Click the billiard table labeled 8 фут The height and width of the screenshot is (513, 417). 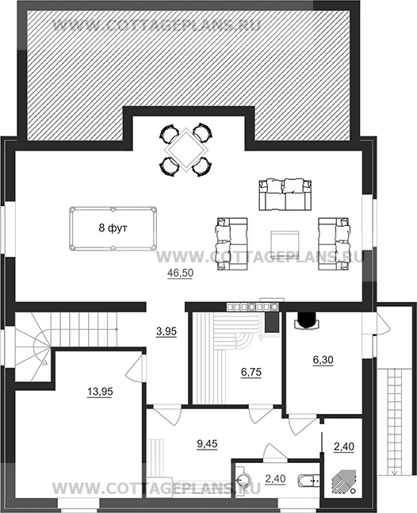point(113,228)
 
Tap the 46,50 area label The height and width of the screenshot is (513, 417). point(180,273)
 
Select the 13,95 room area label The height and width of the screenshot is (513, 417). point(100,392)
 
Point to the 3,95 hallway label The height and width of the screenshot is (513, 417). point(166,331)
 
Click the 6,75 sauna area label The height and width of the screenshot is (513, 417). point(251,372)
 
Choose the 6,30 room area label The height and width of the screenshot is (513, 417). point(323,359)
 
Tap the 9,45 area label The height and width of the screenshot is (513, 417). point(207,444)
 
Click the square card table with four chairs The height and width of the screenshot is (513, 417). point(186,150)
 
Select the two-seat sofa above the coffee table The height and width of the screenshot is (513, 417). point(285,194)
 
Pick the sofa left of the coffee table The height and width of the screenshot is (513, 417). point(231,244)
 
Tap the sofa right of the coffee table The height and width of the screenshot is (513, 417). point(335,244)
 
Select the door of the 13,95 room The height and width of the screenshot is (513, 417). point(135,367)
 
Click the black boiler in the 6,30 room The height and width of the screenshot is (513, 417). point(307,320)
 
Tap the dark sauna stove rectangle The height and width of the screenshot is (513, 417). point(272,323)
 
